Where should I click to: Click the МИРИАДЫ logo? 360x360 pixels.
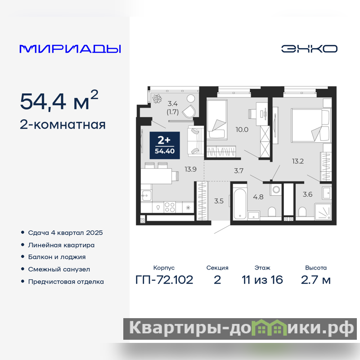pos(70,49)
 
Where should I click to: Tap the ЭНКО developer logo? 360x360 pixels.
pos(309,49)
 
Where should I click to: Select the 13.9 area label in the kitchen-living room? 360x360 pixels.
pos(190,169)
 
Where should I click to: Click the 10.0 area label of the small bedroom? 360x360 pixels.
pos(242,130)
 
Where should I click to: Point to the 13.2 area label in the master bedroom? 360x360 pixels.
pos(298,161)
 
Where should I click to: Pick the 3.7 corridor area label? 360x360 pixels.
pos(238,171)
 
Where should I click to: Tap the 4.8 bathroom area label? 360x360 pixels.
pos(258,197)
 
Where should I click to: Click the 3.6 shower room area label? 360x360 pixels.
pos(307,194)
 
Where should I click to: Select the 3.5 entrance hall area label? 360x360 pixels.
pos(219,201)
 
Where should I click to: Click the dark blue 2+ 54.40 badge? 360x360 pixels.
pos(165,145)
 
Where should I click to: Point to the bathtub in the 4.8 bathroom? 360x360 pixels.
pos(240,204)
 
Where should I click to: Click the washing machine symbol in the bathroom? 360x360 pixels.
pos(276,189)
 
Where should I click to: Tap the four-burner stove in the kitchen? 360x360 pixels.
pos(170,207)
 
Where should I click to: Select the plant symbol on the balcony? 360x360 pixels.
pos(157,99)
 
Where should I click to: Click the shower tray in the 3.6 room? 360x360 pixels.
pos(323,211)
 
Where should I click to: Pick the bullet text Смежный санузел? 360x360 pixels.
pos(59,269)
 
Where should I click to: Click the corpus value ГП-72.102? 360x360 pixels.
pos(164,280)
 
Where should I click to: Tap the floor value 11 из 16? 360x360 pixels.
pos(262,280)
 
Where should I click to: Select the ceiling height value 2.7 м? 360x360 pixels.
pos(316,280)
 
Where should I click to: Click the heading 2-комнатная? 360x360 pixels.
pos(63,125)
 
